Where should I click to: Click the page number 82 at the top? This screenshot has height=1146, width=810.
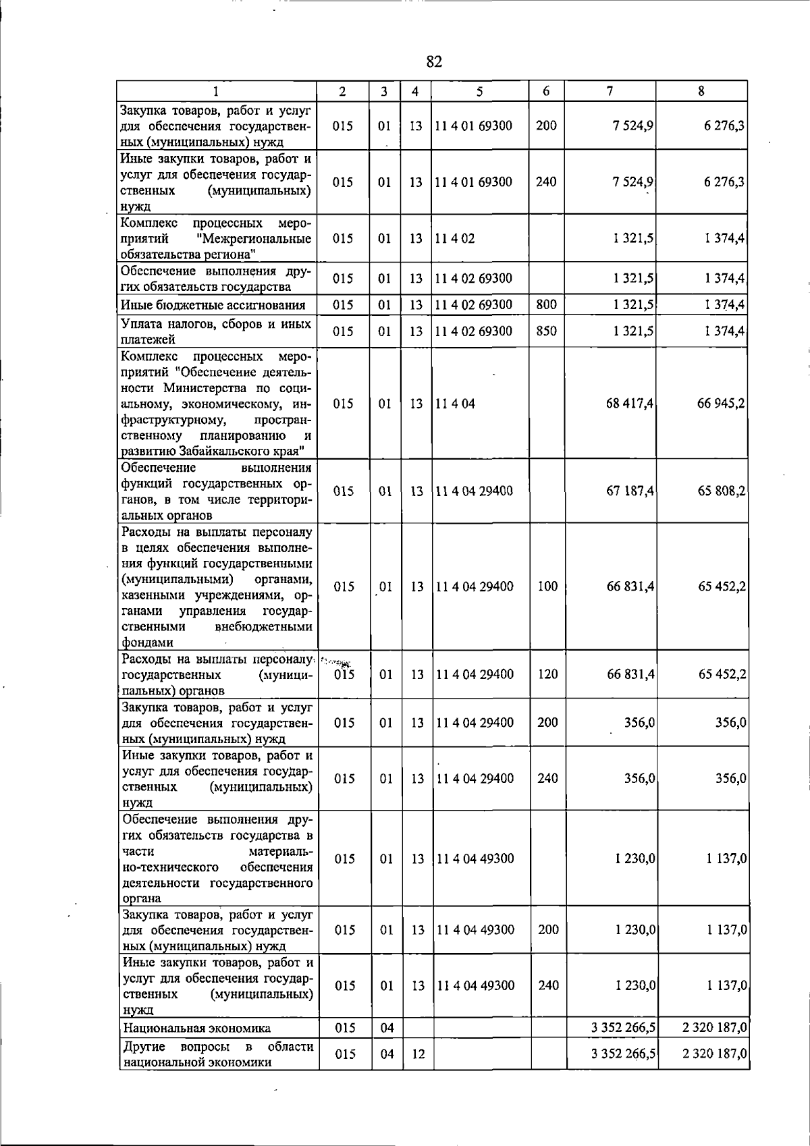click(434, 62)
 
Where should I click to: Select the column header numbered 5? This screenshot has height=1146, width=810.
click(479, 91)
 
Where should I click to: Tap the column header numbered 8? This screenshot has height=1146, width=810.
click(701, 91)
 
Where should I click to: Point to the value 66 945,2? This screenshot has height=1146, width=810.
click(721, 404)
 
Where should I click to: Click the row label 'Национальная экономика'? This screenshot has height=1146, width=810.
click(196, 1029)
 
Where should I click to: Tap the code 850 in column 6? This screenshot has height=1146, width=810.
click(546, 331)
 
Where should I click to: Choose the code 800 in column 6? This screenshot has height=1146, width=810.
click(546, 304)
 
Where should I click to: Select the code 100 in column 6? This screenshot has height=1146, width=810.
click(547, 586)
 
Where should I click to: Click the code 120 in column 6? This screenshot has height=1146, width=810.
click(547, 674)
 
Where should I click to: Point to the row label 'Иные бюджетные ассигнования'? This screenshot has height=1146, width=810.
click(213, 305)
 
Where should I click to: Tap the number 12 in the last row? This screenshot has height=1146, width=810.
click(418, 1054)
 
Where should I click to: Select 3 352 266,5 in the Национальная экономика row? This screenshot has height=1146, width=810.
click(622, 1029)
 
